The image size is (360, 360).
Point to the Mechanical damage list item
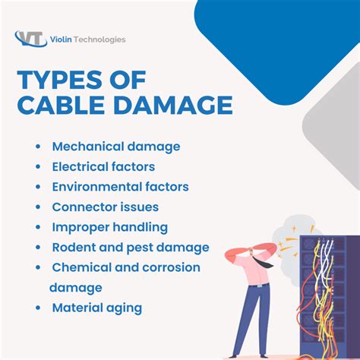coord(115,146)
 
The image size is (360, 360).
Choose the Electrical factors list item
coord(103,166)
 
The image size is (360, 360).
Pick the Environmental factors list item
coord(120,186)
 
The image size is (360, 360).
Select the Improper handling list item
coord(109,227)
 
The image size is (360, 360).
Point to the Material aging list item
coord(96,308)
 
